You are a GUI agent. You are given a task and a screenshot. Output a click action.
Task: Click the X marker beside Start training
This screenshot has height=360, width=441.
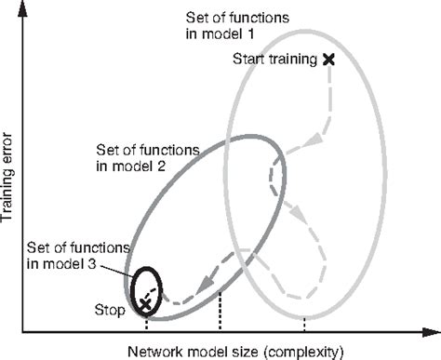click(327, 59)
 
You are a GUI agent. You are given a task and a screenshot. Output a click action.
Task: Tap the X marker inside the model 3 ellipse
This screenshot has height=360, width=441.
click(145, 303)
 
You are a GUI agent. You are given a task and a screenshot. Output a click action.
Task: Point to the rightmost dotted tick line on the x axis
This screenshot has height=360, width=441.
click(304, 326)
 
